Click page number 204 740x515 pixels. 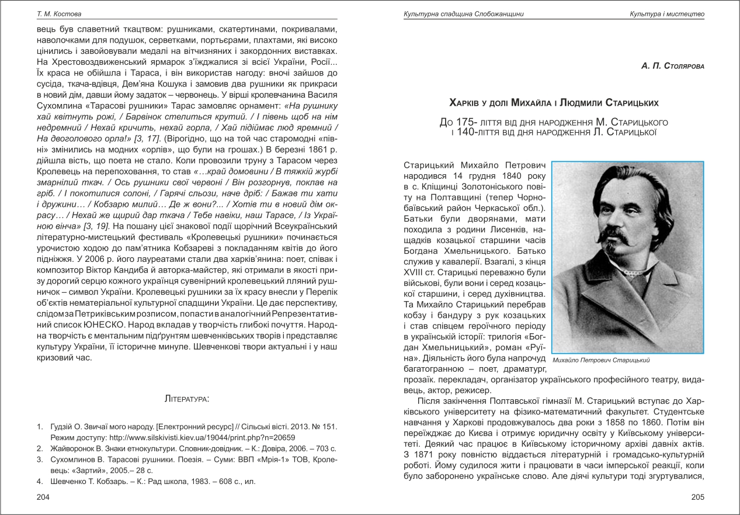[x=43, y=497]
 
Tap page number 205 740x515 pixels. [x=698, y=497]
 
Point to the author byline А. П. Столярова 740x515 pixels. [x=672, y=66]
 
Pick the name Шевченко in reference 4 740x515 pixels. [x=62, y=482]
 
